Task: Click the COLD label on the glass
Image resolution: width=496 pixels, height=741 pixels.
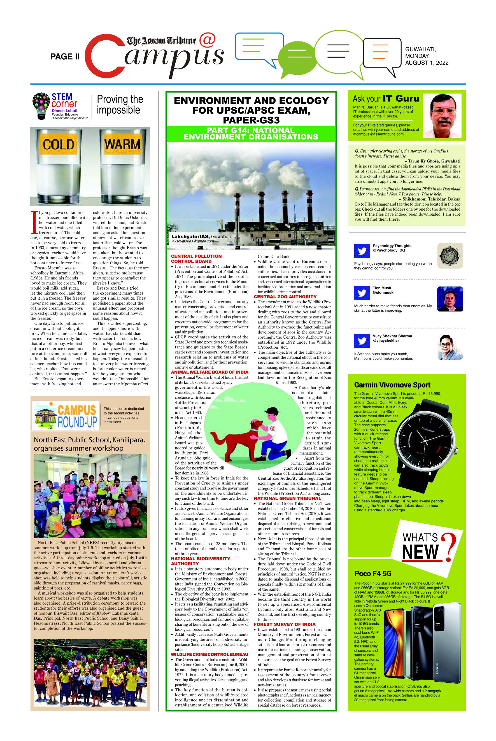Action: coord(59,145)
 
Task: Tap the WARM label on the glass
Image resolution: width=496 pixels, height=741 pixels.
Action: coord(123,144)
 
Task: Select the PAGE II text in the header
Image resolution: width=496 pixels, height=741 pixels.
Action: coord(65,57)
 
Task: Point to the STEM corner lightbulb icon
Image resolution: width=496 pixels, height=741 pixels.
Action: coord(41,106)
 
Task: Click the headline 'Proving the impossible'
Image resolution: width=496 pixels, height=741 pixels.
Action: coord(120,104)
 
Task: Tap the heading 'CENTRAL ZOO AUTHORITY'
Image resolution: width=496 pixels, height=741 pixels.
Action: coord(285,297)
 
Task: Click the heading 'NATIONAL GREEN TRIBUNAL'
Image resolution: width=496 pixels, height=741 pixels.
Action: coord(287,498)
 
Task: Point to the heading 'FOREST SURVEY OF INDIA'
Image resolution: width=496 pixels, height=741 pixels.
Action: coord(285,624)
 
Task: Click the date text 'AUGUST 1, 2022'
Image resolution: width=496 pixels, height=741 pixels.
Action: coord(427,63)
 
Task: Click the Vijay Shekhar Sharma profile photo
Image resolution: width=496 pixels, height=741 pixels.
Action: coord(450,347)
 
